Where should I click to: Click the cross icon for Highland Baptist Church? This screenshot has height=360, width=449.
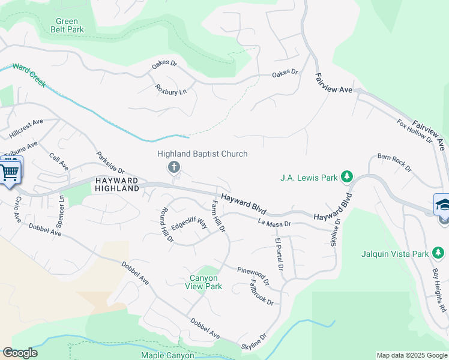click(x=174, y=167)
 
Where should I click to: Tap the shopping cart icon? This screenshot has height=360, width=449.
click(x=9, y=172)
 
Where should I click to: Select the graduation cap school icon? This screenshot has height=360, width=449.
click(x=443, y=204)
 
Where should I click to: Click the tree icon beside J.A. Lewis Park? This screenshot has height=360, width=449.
click(x=346, y=177)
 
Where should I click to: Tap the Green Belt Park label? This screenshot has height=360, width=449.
click(x=66, y=25)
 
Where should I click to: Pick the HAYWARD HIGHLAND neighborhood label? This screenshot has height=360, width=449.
click(x=116, y=184)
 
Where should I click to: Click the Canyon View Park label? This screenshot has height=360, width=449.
click(x=206, y=282)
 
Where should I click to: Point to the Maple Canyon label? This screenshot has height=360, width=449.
click(x=168, y=355)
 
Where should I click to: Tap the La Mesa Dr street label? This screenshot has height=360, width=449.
click(x=274, y=223)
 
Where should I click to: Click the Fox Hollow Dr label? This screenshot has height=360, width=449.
click(x=414, y=130)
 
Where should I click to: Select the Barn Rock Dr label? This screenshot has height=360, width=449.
click(x=394, y=162)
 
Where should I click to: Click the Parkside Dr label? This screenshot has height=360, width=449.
click(x=110, y=162)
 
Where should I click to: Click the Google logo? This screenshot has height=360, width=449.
click(x=20, y=353)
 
